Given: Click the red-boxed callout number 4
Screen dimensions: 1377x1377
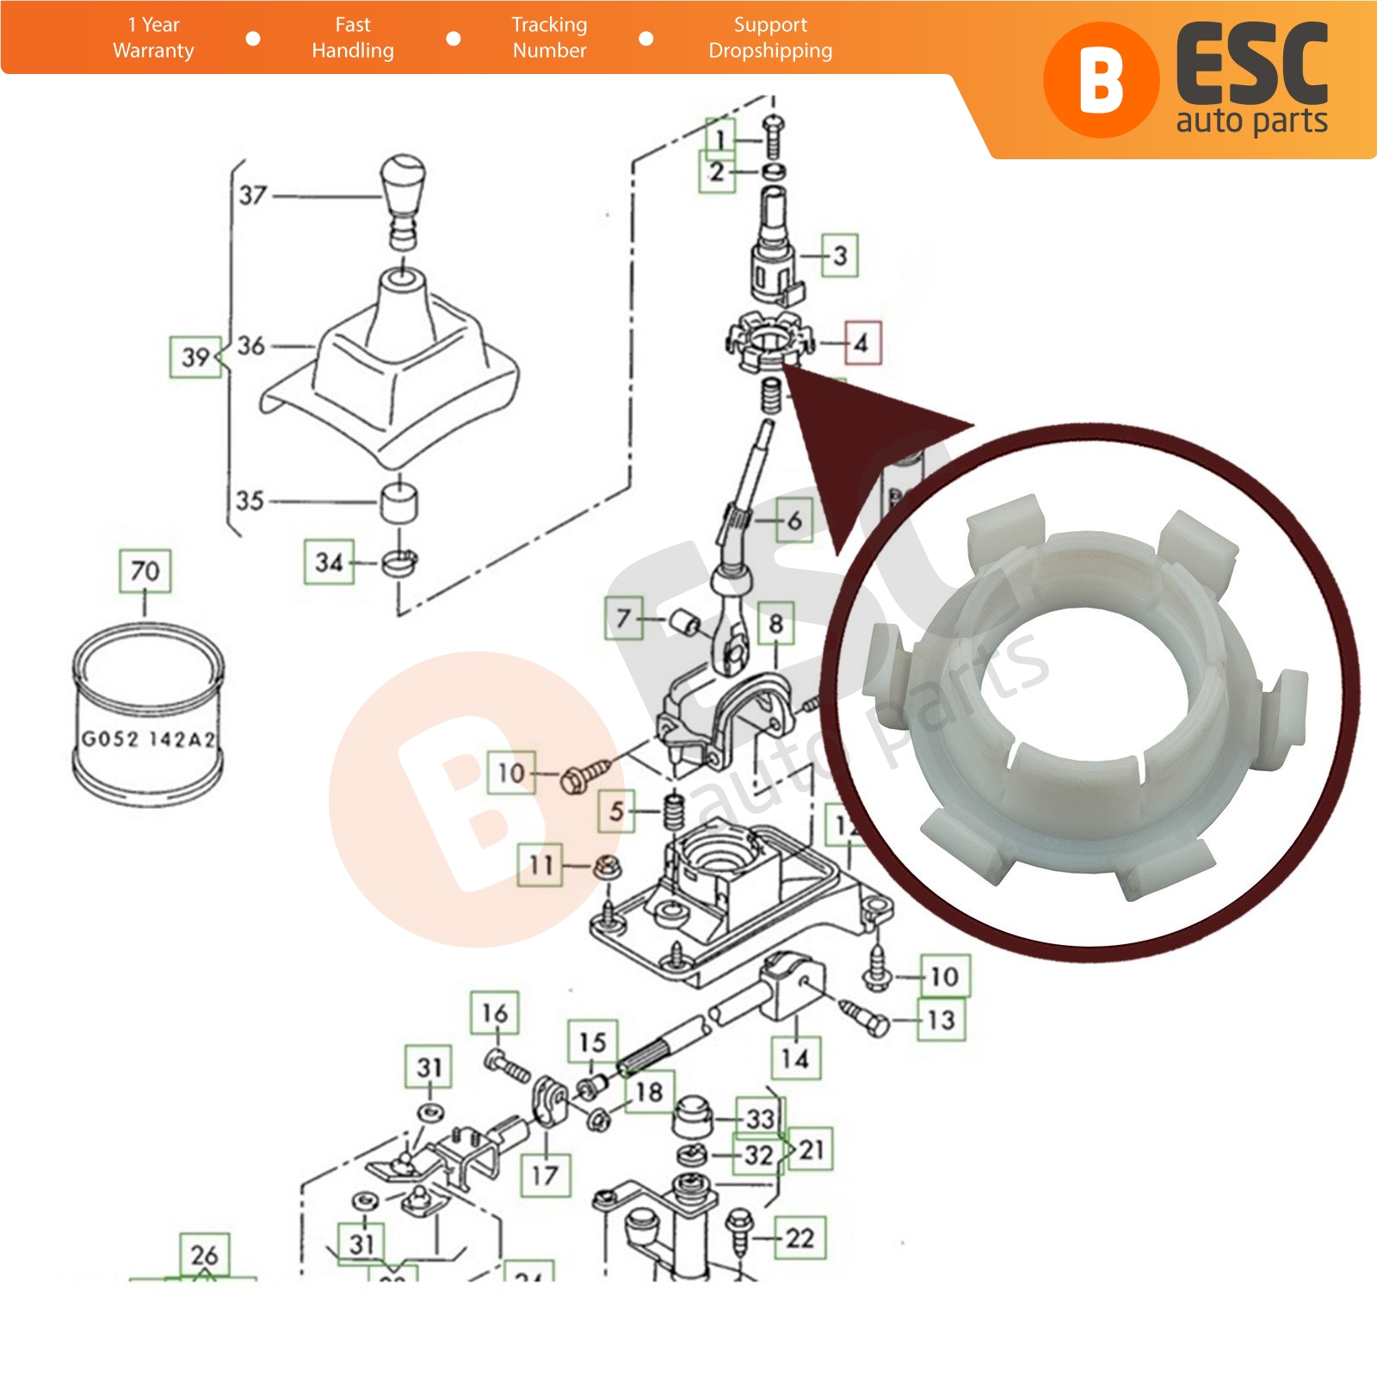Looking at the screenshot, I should [861, 343].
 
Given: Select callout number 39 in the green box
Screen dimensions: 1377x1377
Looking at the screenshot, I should [195, 356].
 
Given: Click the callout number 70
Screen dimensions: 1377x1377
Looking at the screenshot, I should [145, 571].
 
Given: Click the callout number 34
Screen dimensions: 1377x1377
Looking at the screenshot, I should [329, 563].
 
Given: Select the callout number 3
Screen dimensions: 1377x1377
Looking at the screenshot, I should [840, 255].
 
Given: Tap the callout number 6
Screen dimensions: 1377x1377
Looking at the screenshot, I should [793, 520].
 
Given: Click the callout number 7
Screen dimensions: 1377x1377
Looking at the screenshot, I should [624, 617].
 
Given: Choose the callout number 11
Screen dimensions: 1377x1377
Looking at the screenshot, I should [540, 864].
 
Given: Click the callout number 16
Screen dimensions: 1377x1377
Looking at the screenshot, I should [495, 1013].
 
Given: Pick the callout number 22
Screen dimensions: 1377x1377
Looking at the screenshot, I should [800, 1238].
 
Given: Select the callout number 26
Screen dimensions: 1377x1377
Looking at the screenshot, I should [204, 1256].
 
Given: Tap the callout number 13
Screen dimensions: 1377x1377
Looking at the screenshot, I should [941, 1020].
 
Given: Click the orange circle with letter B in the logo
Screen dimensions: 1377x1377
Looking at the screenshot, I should [1100, 80].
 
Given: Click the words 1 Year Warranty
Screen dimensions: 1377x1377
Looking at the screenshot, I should [154, 38].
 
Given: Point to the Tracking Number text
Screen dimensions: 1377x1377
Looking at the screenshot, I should [549, 38].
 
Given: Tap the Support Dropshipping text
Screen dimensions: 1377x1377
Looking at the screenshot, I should [770, 38].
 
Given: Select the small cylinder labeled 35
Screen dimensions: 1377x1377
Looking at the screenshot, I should [399, 502].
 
